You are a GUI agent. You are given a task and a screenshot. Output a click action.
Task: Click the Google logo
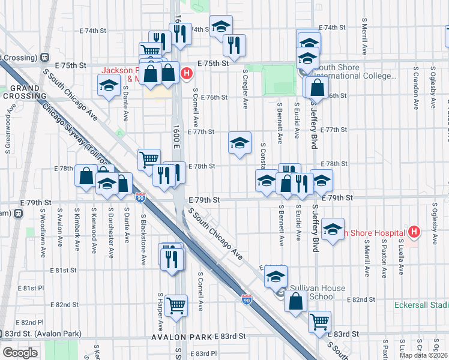(20, 353)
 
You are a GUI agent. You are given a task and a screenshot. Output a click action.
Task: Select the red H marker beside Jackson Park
(187, 73)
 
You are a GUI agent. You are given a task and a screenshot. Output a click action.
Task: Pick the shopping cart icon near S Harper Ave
(176, 307)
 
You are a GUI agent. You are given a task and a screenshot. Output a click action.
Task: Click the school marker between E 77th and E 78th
(240, 143)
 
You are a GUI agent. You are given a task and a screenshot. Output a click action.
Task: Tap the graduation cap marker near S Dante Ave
(109, 86)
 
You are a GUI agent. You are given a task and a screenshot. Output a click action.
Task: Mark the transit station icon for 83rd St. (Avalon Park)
(8, 334)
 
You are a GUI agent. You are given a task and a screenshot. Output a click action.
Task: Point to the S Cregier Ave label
(245, 88)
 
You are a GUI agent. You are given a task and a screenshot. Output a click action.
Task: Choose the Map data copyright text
(422, 355)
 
